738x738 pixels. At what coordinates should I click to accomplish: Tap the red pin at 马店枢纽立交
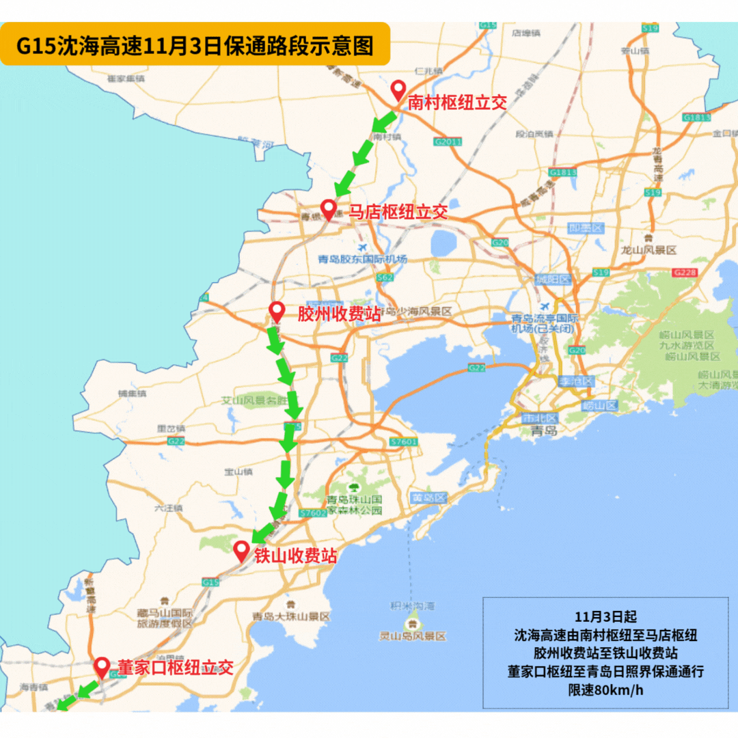pyautogui.click(x=329, y=210)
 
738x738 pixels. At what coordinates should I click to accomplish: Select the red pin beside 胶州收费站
pyautogui.click(x=276, y=312)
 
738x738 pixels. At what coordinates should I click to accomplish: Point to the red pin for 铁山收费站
pyautogui.click(x=241, y=551)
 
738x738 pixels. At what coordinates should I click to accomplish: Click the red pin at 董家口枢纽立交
pyautogui.click(x=102, y=667)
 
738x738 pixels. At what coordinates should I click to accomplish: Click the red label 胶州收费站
pyautogui.click(x=338, y=314)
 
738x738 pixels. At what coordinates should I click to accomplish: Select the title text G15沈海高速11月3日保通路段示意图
pyautogui.click(x=195, y=45)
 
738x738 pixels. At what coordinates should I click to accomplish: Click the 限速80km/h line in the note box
pyautogui.click(x=606, y=689)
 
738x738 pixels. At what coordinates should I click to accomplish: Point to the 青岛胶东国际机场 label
pyautogui.click(x=362, y=259)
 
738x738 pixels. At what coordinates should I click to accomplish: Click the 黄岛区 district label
pyautogui.click(x=429, y=497)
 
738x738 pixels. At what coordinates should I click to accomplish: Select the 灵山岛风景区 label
pyautogui.click(x=413, y=636)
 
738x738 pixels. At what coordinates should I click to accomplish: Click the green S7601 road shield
pyautogui.click(x=403, y=442)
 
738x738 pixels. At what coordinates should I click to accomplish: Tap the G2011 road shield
pyautogui.click(x=448, y=141)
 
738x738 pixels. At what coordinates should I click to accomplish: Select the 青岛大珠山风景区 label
pyautogui.click(x=290, y=616)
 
